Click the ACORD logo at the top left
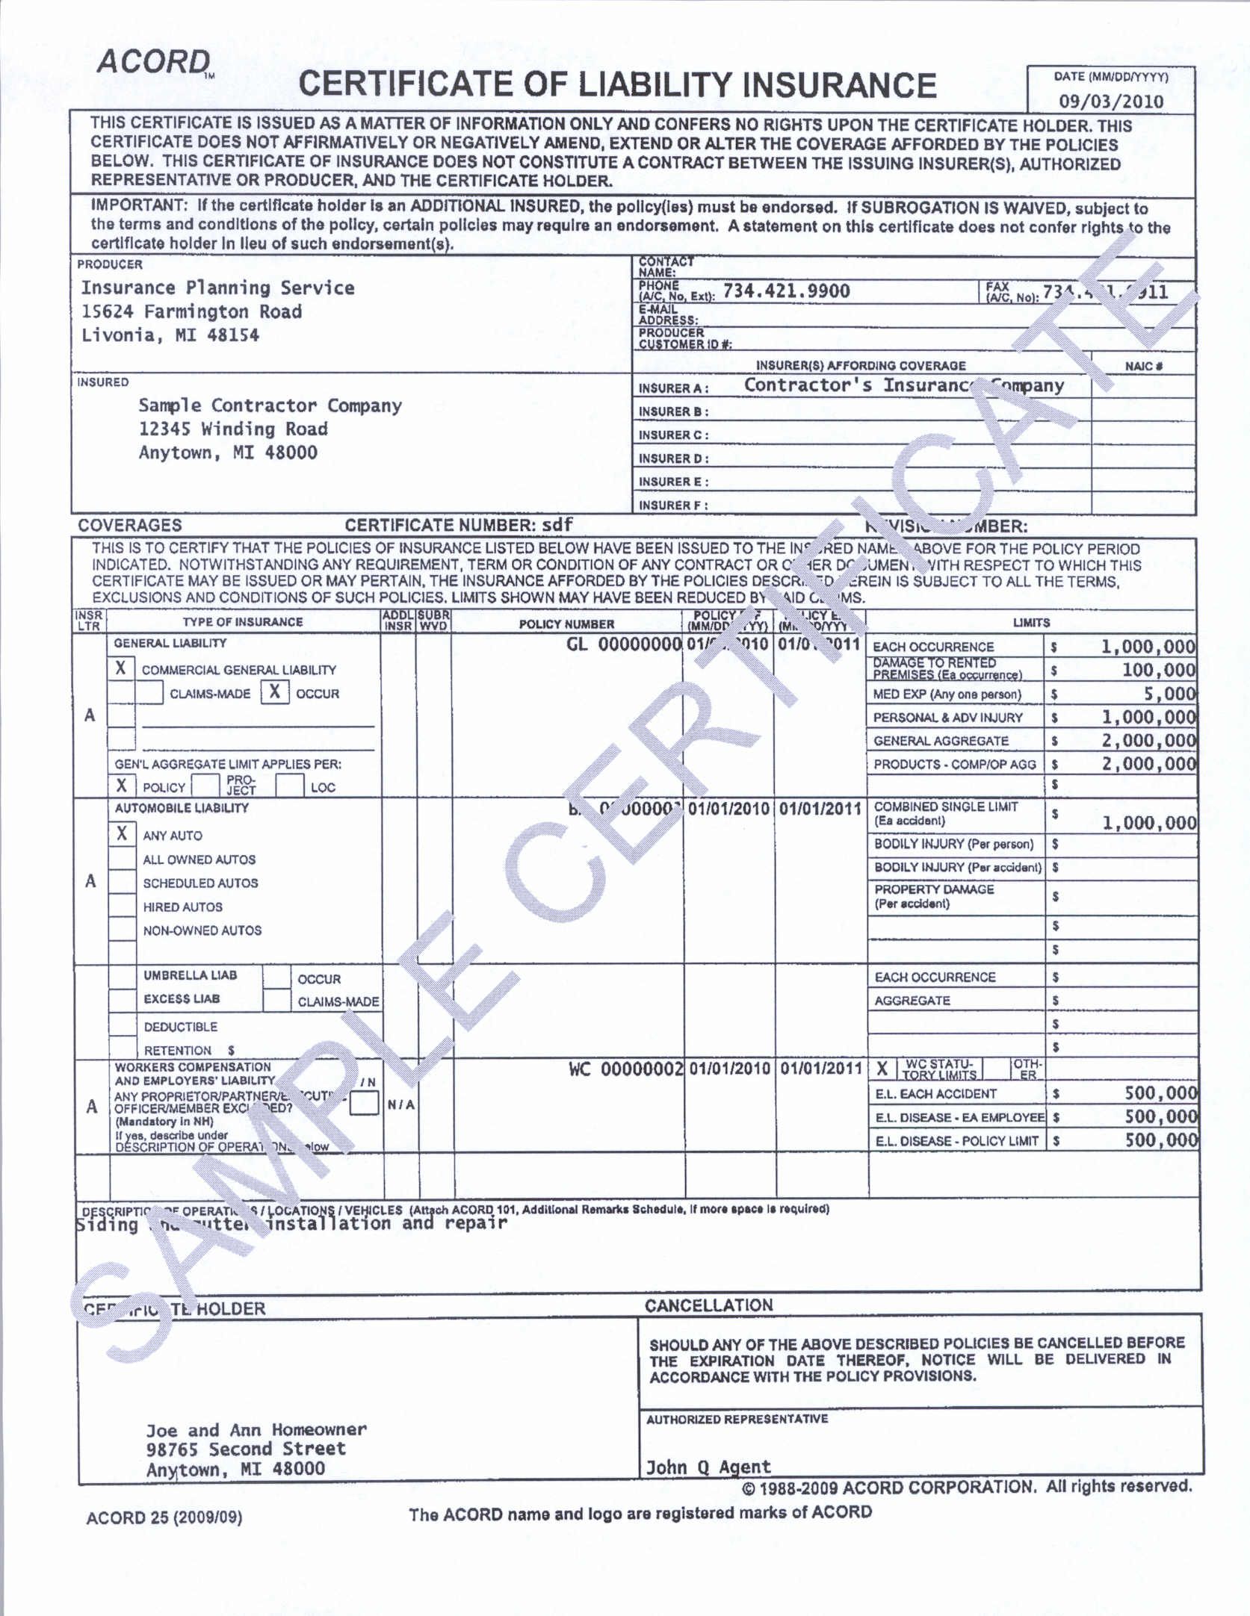point(154,62)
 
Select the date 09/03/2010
point(1110,102)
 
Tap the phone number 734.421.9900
point(786,291)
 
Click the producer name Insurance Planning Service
point(217,288)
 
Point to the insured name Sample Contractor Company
point(270,405)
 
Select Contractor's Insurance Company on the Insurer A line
point(903,385)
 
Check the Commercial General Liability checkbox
point(121,668)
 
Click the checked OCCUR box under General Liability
point(275,692)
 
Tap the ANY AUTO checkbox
point(122,834)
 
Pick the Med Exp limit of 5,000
point(1169,694)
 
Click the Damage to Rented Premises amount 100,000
point(1158,670)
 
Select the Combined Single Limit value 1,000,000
point(1149,823)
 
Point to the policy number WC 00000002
point(625,1069)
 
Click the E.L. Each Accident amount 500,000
point(1160,1093)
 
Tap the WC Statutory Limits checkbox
point(882,1069)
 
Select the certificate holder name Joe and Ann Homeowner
point(256,1430)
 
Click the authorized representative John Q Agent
point(708,1467)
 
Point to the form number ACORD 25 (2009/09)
point(164,1518)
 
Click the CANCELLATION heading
point(708,1305)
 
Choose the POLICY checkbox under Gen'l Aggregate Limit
point(122,785)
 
